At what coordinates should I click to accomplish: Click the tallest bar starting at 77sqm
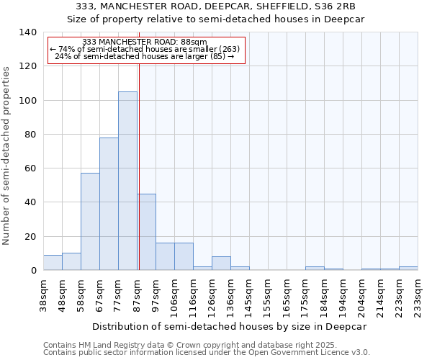127,181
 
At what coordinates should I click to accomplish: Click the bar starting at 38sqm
53,263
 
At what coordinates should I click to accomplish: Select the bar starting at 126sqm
221,264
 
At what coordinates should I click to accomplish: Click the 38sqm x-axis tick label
44,294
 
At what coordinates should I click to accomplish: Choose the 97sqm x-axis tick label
156,294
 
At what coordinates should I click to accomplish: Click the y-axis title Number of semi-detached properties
7,155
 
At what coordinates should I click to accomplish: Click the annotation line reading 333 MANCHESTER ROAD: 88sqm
145,42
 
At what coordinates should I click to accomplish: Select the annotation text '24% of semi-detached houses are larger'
145,56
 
